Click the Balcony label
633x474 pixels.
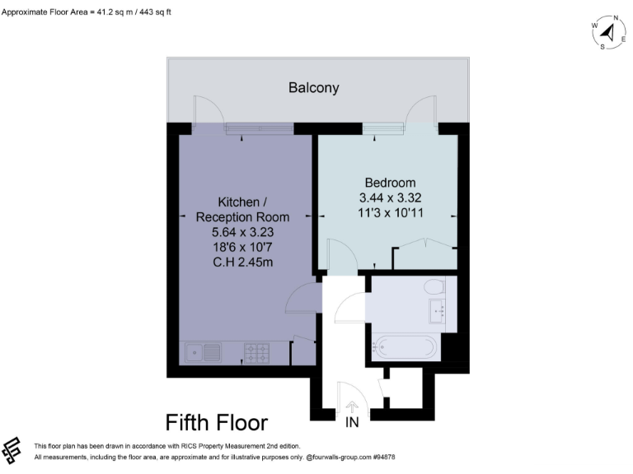click(313, 87)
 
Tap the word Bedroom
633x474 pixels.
click(390, 183)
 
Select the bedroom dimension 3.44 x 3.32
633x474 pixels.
click(390, 198)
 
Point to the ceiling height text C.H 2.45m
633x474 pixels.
click(242, 263)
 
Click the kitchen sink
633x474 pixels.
click(202, 354)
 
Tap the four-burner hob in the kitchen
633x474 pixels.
click(257, 354)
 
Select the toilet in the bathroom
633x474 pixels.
click(434, 288)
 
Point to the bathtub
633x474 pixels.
click(405, 347)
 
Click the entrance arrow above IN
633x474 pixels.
click(352, 407)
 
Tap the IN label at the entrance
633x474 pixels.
click(352, 424)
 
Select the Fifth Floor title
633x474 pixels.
click(217, 423)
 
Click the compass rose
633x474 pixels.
click(607, 32)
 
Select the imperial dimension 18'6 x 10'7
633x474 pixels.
click(242, 247)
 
